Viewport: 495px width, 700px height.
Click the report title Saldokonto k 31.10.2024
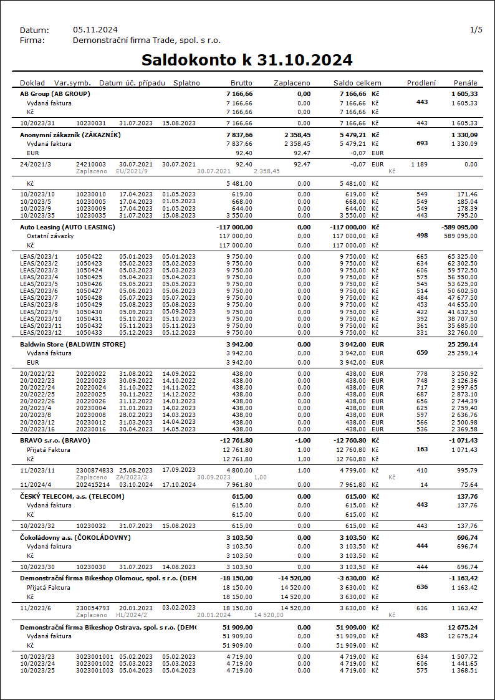pyautogui.click(x=247, y=60)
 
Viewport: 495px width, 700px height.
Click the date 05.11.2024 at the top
pyautogui.click(x=95, y=30)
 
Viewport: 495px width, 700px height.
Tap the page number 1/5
pyautogui.click(x=476, y=30)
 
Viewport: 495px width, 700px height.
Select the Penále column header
pyautogui.click(x=466, y=83)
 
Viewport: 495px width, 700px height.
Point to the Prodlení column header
pyautogui.click(x=421, y=83)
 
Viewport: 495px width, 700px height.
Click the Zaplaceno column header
pyautogui.click(x=292, y=83)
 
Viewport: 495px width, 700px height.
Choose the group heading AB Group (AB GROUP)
pyautogui.click(x=55, y=93)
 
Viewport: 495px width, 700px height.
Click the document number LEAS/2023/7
pyautogui.click(x=39, y=297)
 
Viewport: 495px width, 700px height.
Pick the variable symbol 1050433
pyautogui.click(x=89, y=332)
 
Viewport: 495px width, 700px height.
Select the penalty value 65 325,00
pyautogui.click(x=462, y=256)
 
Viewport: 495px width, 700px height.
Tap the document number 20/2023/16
pyautogui.click(x=37, y=429)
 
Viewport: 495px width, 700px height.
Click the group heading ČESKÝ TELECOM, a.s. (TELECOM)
pyautogui.click(x=72, y=496)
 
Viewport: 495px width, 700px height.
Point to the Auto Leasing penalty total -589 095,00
pyautogui.click(x=459, y=228)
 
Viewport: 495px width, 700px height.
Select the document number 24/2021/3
pyautogui.click(x=35, y=164)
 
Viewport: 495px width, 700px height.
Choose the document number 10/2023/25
pyautogui.click(x=37, y=670)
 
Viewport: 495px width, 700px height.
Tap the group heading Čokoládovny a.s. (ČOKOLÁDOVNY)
pyautogui.click(x=75, y=537)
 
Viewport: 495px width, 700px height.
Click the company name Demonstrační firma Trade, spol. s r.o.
pyautogui.click(x=147, y=41)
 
